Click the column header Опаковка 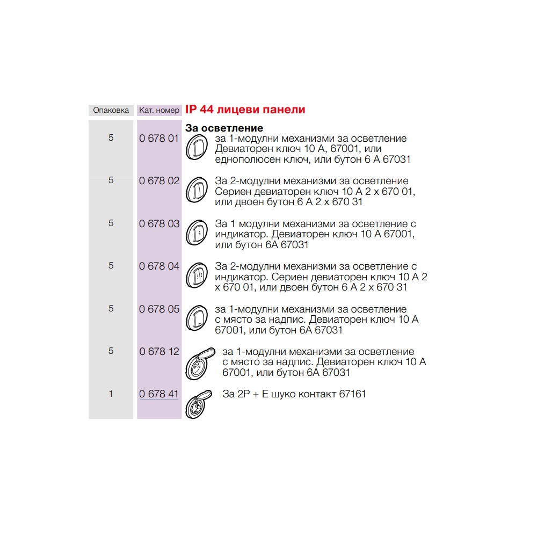tap(111, 110)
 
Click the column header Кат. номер tap(159, 110)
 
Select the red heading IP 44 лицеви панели tap(245, 110)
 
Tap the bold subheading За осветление tap(224, 128)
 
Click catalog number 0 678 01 tap(159, 138)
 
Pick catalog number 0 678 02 tap(159, 180)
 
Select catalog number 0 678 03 tap(159, 223)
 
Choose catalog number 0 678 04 tap(159, 266)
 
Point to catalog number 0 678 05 tap(159, 309)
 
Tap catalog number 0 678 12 tap(159, 351)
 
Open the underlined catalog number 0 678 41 tap(159, 394)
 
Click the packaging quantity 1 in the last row tap(111, 394)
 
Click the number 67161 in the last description tap(352, 394)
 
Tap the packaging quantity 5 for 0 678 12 tap(111, 351)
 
